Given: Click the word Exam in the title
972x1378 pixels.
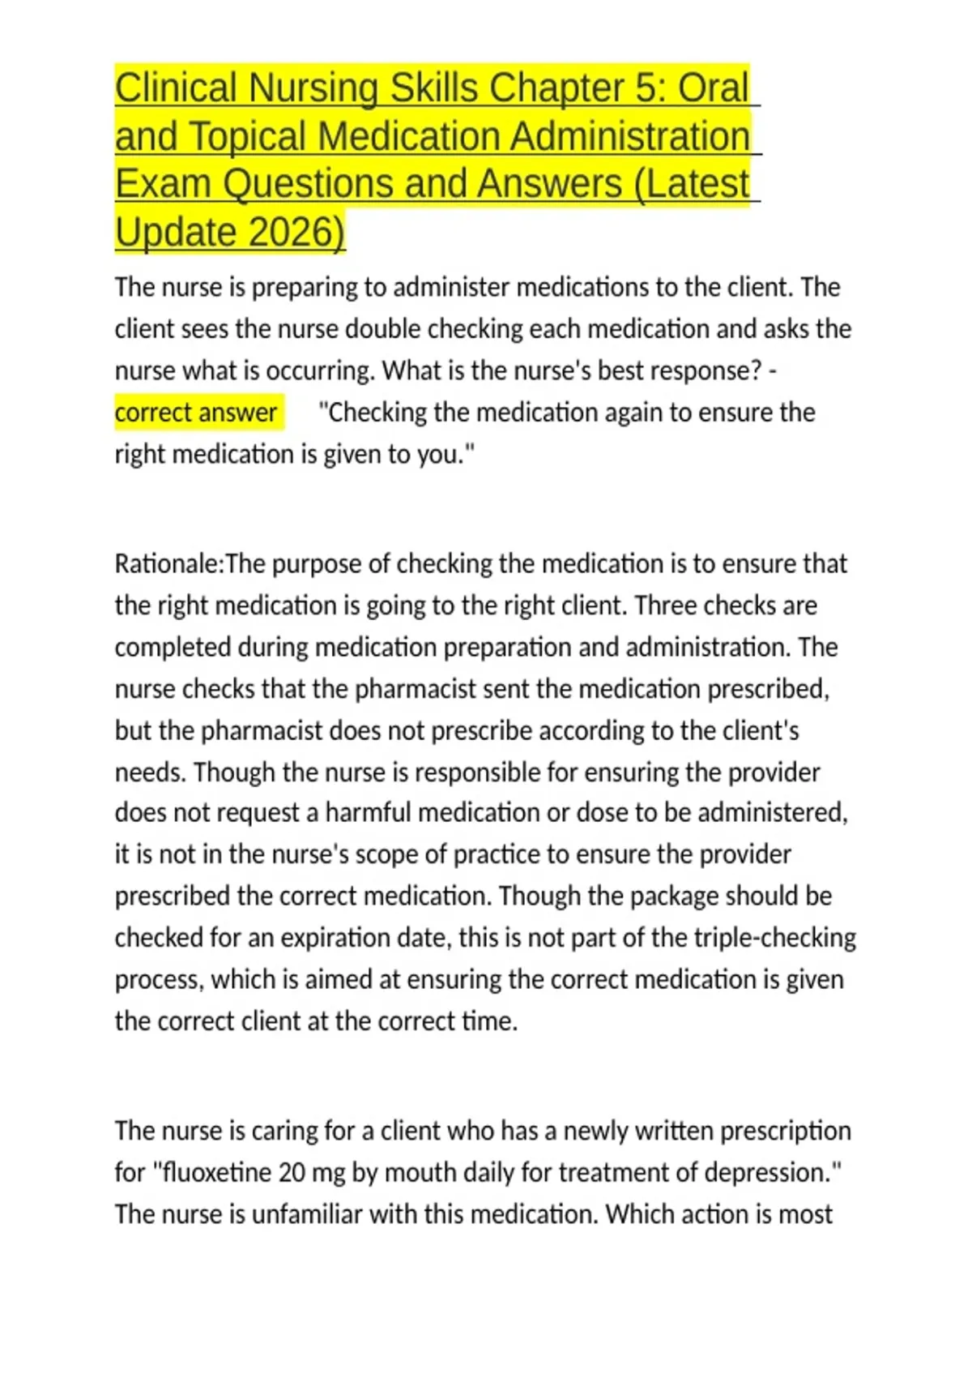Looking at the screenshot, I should point(162,184).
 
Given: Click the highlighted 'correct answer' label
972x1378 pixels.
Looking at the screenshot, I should point(196,413).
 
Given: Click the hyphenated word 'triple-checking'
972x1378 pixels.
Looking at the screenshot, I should point(772,938).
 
